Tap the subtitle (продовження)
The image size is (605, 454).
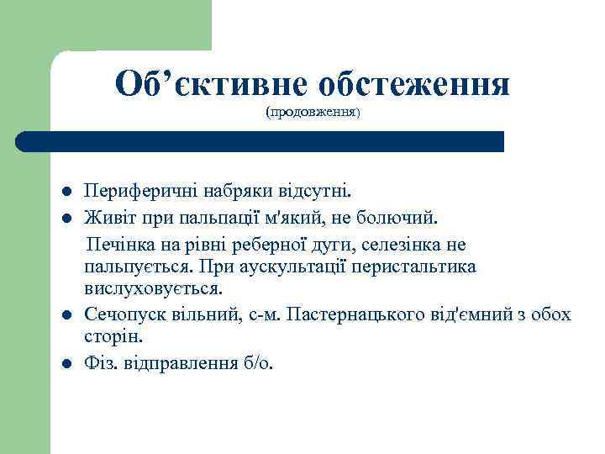313,112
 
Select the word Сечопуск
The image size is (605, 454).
124,315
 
